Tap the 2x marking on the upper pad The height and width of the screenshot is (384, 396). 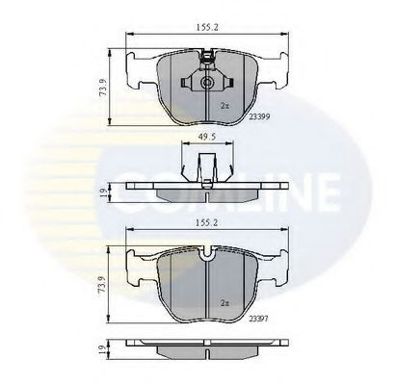(x=224, y=104)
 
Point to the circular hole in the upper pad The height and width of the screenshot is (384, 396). (x=209, y=83)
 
